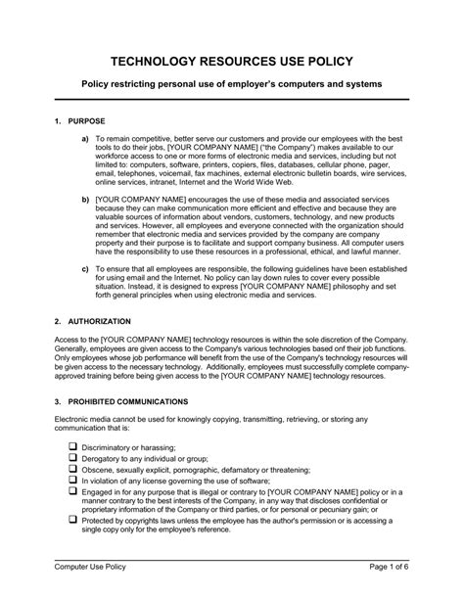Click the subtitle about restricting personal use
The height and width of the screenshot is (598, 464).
pyautogui.click(x=231, y=84)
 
